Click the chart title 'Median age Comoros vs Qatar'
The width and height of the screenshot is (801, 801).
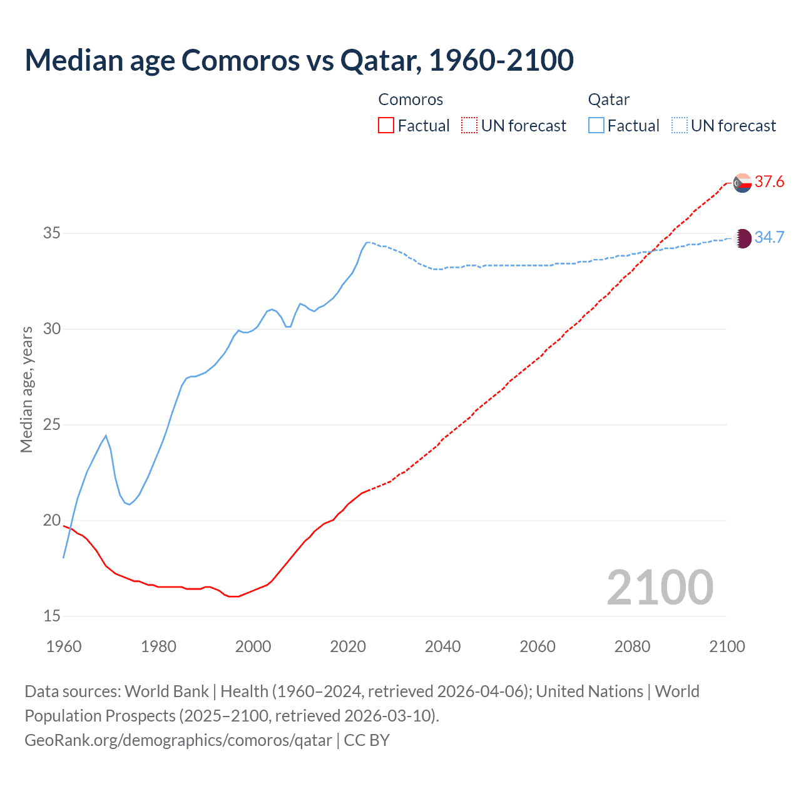click(299, 60)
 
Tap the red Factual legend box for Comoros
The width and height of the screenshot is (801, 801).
click(386, 125)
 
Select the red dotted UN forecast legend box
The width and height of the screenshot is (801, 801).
click(469, 125)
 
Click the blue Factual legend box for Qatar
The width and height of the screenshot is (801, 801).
click(596, 125)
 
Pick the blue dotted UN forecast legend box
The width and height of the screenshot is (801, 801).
click(679, 125)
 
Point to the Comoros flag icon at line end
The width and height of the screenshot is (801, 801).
click(742, 183)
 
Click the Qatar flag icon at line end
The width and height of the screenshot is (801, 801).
click(742, 238)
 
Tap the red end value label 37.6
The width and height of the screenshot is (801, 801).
click(769, 182)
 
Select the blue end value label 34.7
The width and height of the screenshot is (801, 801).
click(769, 237)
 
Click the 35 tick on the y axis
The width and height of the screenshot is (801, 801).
click(52, 233)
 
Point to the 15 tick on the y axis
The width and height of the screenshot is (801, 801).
click(52, 616)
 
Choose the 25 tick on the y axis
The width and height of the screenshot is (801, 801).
click(52, 425)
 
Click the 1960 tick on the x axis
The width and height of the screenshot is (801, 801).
click(64, 646)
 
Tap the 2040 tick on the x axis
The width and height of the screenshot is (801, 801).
click(442, 646)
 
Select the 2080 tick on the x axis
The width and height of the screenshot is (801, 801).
click(632, 646)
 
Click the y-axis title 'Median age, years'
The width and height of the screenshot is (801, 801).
click(26, 389)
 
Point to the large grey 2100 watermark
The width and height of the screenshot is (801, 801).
click(660, 587)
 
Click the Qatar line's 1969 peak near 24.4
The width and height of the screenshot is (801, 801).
click(106, 436)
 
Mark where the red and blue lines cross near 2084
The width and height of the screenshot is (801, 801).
click(651, 251)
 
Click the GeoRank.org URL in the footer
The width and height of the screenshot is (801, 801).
click(178, 740)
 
